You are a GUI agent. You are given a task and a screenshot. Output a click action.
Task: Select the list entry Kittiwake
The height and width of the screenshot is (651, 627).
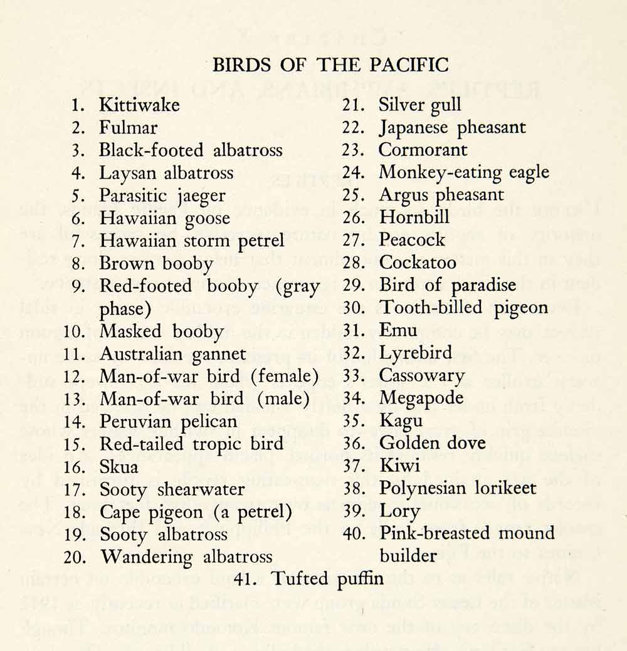coord(139,105)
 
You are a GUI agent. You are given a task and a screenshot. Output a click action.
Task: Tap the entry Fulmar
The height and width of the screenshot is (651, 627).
coord(128,128)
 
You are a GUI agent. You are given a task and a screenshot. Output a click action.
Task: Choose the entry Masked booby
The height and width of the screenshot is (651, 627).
coord(161,331)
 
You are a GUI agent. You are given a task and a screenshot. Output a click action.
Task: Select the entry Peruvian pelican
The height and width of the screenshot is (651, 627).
coord(168,422)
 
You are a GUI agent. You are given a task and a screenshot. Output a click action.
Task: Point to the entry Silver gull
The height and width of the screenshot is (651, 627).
coord(419,105)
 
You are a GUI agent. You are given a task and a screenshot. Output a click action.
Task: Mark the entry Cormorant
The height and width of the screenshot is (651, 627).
coord(423,150)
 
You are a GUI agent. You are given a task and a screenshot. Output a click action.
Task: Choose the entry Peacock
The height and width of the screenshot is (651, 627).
coord(412,241)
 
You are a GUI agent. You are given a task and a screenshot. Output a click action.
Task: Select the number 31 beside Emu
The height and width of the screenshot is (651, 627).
coord(353,330)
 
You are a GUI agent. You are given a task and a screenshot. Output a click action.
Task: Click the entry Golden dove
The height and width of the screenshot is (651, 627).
coord(432,443)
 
